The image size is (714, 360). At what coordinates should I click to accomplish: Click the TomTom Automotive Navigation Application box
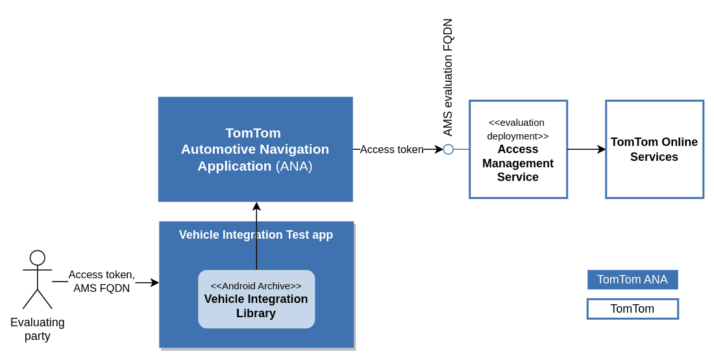point(255,117)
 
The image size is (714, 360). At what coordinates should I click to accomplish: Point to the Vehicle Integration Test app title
point(256,235)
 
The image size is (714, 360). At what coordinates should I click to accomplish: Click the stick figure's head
point(38,258)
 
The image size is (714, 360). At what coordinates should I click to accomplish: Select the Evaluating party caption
point(38,329)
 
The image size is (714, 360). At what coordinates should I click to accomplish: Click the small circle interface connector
point(449,149)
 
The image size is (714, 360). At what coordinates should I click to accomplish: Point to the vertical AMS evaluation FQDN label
point(448,77)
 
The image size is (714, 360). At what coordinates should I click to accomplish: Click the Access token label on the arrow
point(391,149)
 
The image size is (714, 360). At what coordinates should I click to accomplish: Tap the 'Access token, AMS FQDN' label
point(101,282)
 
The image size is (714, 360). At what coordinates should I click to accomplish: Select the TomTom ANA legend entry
point(632,280)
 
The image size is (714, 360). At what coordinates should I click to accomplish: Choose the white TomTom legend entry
point(632,309)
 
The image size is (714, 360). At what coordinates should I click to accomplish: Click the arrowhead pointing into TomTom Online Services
point(602,149)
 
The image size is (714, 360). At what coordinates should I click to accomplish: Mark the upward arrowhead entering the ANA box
point(256,206)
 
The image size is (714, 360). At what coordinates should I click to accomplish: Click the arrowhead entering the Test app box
point(154,282)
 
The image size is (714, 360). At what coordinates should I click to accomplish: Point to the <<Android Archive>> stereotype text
point(256,285)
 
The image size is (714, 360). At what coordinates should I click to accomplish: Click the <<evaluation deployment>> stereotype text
point(517,129)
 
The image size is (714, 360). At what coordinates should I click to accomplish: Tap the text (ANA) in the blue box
point(294,166)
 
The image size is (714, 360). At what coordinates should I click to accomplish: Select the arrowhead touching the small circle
point(439,149)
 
